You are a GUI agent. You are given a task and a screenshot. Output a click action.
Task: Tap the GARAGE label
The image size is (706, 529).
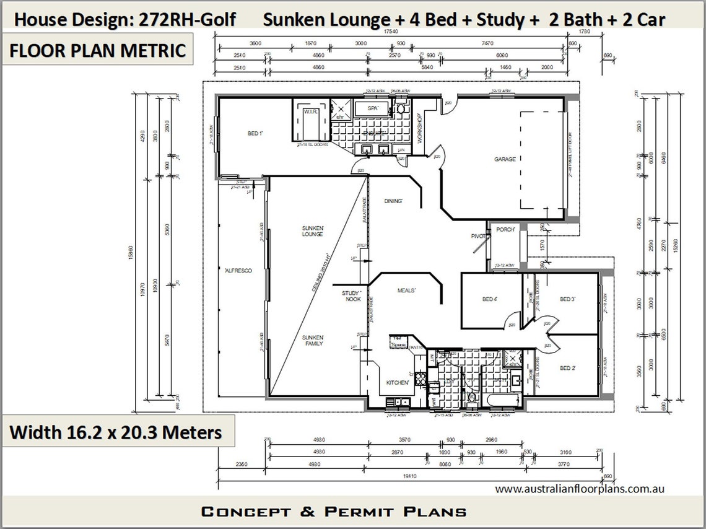[505, 159]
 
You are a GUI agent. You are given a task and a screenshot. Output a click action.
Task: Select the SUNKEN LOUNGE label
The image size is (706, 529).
[313, 231]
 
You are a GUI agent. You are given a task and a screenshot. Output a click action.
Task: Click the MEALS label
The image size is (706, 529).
[406, 291]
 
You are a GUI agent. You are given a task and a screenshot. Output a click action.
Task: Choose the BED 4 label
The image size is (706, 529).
[490, 300]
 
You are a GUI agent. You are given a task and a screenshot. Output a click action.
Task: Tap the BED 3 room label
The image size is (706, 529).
[568, 300]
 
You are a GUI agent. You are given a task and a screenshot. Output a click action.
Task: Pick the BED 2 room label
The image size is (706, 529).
[568, 369]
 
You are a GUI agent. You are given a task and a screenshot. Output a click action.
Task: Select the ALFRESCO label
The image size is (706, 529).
[238, 271]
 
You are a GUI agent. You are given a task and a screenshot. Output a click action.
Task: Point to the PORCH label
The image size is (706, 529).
[506, 230]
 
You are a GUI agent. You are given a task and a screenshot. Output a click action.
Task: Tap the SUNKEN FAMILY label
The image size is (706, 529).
[313, 340]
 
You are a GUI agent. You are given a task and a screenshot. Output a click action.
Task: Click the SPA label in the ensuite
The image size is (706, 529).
[373, 108]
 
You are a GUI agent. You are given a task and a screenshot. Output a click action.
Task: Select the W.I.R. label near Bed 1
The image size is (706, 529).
[310, 112]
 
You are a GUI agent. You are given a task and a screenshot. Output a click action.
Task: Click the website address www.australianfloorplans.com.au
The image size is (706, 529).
[580, 489]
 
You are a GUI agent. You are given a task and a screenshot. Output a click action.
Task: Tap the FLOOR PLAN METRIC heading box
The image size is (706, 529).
[98, 51]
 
